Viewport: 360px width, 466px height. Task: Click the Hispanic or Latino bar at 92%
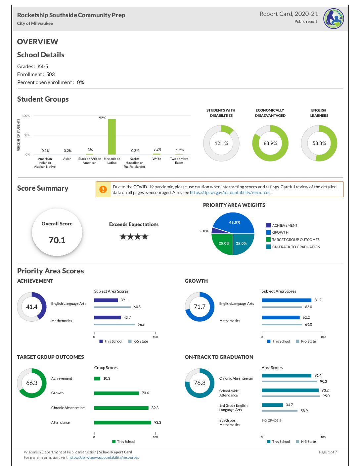[x=112, y=137]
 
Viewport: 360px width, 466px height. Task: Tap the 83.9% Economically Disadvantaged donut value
[x=270, y=143]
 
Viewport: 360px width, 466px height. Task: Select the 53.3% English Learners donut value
[x=319, y=143]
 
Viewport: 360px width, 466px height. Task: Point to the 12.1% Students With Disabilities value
[x=221, y=143]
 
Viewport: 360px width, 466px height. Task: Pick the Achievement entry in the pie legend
[x=285, y=225]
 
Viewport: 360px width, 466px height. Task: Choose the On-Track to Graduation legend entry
[x=296, y=247]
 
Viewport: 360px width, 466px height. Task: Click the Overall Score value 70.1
[x=57, y=240]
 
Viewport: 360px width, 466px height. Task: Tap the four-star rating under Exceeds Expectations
[x=134, y=237]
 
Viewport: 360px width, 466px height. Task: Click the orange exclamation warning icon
[x=103, y=189]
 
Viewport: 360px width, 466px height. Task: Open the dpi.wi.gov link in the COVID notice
[x=230, y=193]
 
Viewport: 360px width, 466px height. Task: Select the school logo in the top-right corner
[x=334, y=19]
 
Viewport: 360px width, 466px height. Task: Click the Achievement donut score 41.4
[x=32, y=307]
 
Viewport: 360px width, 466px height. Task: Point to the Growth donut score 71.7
[x=200, y=307]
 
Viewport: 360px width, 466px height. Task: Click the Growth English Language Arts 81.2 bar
[x=287, y=300]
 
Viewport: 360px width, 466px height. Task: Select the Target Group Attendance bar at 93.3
[x=123, y=423]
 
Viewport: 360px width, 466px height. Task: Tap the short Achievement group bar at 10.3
[x=97, y=379]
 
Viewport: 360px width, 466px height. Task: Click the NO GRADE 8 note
[x=271, y=421]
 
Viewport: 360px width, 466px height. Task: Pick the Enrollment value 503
[x=51, y=74]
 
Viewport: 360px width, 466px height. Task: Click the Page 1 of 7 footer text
[x=328, y=452]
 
